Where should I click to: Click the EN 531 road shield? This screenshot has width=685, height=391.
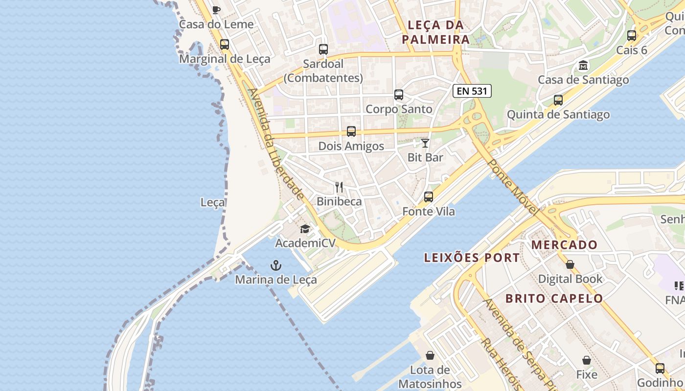pyautogui.click(x=472, y=90)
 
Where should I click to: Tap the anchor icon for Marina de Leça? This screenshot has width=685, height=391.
pyautogui.click(x=276, y=265)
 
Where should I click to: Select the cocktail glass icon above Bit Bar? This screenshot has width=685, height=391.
pyautogui.click(x=425, y=143)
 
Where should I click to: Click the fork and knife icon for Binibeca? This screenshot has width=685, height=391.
pyautogui.click(x=339, y=187)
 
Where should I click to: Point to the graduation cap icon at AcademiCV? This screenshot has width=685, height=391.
pyautogui.click(x=305, y=229)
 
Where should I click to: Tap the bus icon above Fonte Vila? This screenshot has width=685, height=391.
pyautogui.click(x=429, y=197)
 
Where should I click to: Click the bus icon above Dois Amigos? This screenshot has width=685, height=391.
pyautogui.click(x=351, y=131)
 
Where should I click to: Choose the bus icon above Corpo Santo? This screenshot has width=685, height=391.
pyautogui.click(x=399, y=95)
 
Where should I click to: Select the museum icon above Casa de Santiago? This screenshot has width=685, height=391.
pyautogui.click(x=583, y=65)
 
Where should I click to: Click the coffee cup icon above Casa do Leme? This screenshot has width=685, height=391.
pyautogui.click(x=216, y=10)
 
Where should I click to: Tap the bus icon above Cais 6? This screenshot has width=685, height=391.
pyautogui.click(x=632, y=36)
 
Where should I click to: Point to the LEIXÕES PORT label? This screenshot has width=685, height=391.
pyautogui.click(x=472, y=258)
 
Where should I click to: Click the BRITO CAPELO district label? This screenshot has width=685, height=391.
pyautogui.click(x=554, y=298)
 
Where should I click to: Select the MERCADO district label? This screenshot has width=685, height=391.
pyautogui.click(x=565, y=245)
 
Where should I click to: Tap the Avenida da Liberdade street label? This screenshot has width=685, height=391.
pyautogui.click(x=276, y=144)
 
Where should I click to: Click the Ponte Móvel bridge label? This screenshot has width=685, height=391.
pyautogui.click(x=513, y=188)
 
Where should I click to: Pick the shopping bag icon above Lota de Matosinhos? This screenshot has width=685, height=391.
pyautogui.click(x=430, y=355)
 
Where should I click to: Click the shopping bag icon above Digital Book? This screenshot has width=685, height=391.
pyautogui.click(x=570, y=264)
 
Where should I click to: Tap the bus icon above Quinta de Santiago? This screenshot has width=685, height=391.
pyautogui.click(x=558, y=100)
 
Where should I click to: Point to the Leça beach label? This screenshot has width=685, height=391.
pyautogui.click(x=213, y=202)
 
